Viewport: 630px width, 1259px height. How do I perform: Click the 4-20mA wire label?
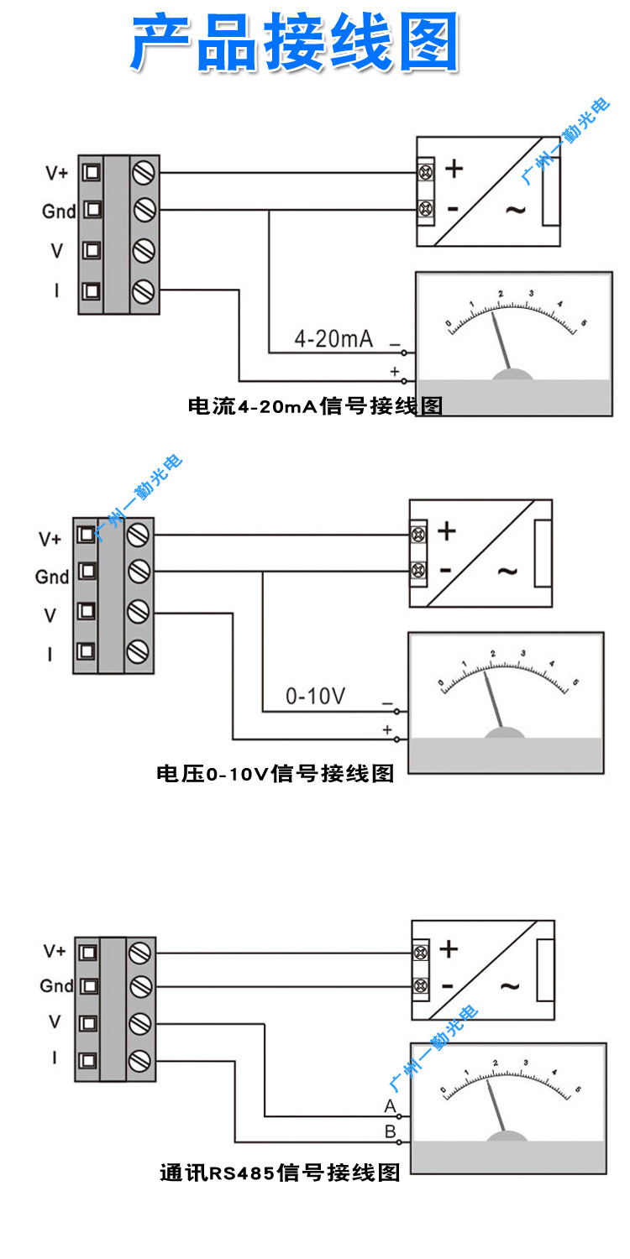pos(333,339)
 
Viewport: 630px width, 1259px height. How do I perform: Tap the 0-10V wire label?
pos(316,696)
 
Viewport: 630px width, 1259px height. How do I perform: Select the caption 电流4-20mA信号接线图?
pos(315,407)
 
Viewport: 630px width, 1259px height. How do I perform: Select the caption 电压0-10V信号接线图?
pos(275,773)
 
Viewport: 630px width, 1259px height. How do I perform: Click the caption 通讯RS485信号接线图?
pos(280,1173)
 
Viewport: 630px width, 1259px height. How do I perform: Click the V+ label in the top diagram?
pos(57,173)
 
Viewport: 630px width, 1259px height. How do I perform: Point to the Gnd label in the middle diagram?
pos(52,577)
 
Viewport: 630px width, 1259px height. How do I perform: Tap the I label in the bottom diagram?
pos(55,1058)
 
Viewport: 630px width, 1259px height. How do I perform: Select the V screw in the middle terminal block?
pos(138,612)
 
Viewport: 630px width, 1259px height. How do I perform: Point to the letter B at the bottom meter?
pos(390,1131)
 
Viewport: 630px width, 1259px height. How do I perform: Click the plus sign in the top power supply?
pos(454,169)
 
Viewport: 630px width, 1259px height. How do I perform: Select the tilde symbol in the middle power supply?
pos(507,571)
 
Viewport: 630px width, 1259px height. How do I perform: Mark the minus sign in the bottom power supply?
pos(448,986)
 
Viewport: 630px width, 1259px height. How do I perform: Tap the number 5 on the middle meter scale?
pos(576,682)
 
